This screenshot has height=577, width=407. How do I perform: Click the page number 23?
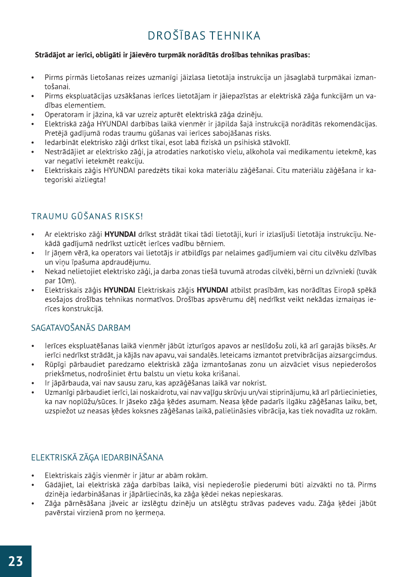click(x=16, y=561)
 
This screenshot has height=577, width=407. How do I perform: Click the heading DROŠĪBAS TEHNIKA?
click(x=204, y=36)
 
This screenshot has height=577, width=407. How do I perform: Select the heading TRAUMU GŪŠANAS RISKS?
click(x=87, y=216)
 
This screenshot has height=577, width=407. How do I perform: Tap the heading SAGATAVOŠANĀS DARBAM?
click(x=81, y=328)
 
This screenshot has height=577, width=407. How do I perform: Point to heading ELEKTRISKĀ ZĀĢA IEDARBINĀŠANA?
click(x=97, y=457)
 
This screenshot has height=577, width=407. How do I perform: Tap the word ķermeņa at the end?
click(x=151, y=513)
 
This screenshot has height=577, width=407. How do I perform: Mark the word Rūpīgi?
click(x=56, y=364)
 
